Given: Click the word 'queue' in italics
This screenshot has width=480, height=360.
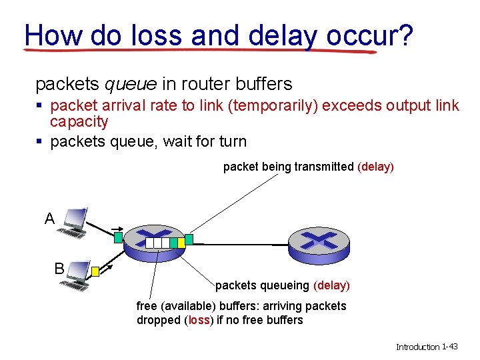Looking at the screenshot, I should click(x=131, y=84).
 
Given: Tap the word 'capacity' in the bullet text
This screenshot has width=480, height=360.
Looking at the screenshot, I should click(x=79, y=121).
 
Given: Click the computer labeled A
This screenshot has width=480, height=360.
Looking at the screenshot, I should click(x=72, y=223).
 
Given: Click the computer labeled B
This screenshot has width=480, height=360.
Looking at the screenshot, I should click(x=75, y=275).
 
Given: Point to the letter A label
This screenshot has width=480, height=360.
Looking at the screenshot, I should click(x=49, y=219).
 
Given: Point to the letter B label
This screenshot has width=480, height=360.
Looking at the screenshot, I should click(x=59, y=269).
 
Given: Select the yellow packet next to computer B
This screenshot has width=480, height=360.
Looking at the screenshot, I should click(x=95, y=271).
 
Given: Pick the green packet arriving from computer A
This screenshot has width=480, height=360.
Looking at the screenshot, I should click(x=117, y=236).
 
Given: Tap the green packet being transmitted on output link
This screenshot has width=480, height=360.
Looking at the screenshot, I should click(x=189, y=239).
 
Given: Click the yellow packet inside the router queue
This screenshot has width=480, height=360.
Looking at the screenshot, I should click(x=173, y=243).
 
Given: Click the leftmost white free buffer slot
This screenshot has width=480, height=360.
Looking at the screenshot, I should click(x=150, y=243).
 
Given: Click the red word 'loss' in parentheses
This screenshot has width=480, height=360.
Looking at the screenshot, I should click(x=198, y=320).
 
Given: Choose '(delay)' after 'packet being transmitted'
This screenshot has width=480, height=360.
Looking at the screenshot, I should click(x=375, y=167).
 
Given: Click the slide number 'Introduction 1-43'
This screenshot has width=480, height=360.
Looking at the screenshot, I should click(x=427, y=347).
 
